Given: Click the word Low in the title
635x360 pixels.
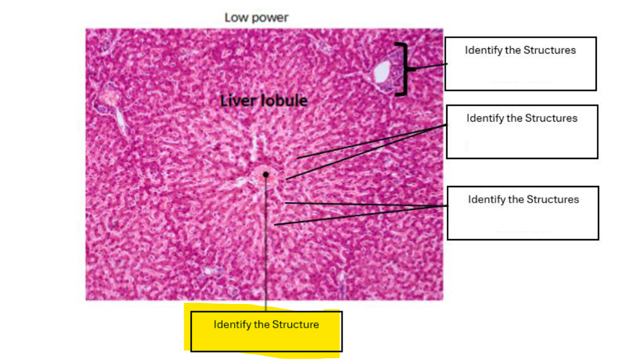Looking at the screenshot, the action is tap(234, 17).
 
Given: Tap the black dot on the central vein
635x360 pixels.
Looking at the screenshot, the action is tap(266, 175).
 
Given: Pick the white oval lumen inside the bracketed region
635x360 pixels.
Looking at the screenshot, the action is tap(382, 72).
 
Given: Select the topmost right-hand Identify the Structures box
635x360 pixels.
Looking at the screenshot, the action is tap(521, 64).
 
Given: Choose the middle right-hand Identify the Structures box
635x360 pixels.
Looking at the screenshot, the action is tap(522, 132).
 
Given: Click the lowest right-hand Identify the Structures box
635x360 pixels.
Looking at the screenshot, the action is tap(523, 213).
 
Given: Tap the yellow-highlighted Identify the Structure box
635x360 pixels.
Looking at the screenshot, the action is tap(266, 331).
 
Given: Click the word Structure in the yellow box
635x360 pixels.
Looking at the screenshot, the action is tap(295, 324).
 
